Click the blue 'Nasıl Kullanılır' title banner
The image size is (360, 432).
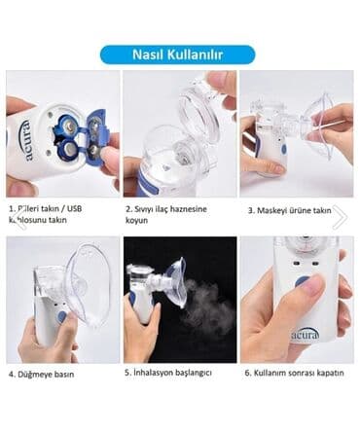178,54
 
